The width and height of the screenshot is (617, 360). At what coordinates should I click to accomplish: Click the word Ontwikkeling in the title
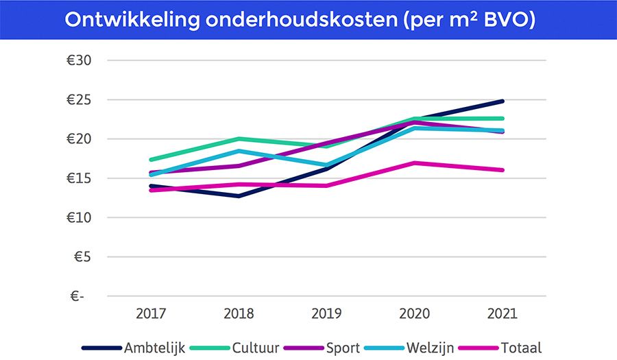tap(131, 20)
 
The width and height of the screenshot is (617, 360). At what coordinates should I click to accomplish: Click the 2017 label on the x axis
tap(151, 314)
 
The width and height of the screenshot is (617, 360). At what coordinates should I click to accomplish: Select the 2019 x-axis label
tap(327, 314)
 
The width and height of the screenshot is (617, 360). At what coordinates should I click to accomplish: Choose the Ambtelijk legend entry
tap(154, 348)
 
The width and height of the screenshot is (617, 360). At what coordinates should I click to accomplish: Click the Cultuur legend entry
tap(255, 348)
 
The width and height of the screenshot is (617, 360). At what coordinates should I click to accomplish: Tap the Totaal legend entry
tap(520, 348)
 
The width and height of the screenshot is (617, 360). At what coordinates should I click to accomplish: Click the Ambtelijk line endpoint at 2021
tap(503, 101)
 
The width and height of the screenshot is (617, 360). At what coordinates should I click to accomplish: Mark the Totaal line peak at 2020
tap(415, 163)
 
